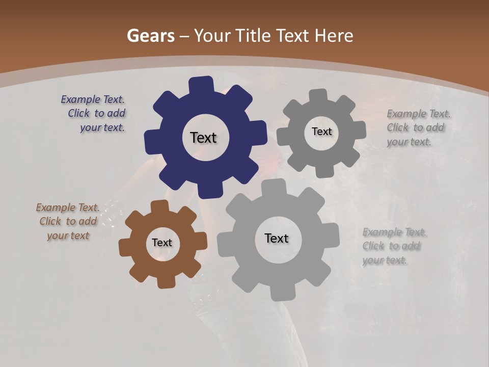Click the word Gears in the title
(151, 36)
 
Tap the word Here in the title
(334, 36)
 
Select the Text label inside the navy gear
(204, 138)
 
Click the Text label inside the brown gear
(162, 243)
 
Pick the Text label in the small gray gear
(322, 132)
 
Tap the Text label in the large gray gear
(277, 239)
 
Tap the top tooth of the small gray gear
(318, 96)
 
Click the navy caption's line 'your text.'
(102, 127)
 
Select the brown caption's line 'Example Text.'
(68, 207)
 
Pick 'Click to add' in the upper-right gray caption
(416, 127)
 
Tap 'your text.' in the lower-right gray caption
(385, 260)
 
